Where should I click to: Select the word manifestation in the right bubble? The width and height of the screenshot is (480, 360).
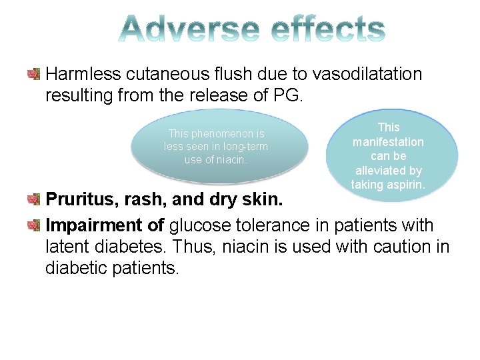tap(388, 141)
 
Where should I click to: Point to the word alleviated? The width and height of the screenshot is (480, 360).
tap(388, 171)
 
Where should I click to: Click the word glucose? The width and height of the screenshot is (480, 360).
tap(205, 226)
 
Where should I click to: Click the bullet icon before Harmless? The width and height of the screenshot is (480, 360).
tap(34, 73)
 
